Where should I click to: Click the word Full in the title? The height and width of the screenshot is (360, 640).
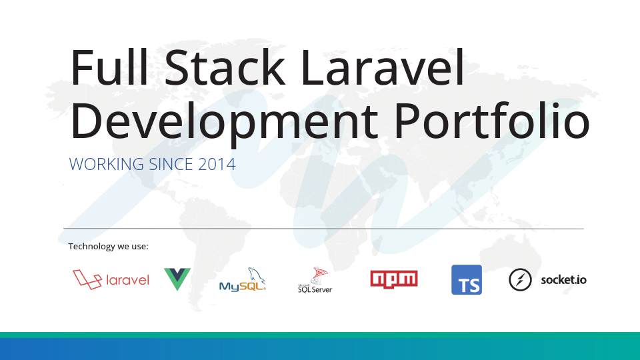(109, 67)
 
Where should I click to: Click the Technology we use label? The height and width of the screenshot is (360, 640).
(108, 247)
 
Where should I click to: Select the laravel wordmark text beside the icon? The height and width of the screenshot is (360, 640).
(127, 280)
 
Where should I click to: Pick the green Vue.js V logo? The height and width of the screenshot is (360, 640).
(177, 279)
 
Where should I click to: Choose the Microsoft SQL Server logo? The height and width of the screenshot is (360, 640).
(315, 281)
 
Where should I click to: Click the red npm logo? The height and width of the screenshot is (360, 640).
(394, 279)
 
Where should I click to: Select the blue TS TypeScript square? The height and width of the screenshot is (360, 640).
(467, 279)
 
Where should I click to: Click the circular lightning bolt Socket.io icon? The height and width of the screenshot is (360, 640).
(520, 280)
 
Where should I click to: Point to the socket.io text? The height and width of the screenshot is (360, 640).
(563, 280)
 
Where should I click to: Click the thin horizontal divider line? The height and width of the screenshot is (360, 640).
(323, 229)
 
